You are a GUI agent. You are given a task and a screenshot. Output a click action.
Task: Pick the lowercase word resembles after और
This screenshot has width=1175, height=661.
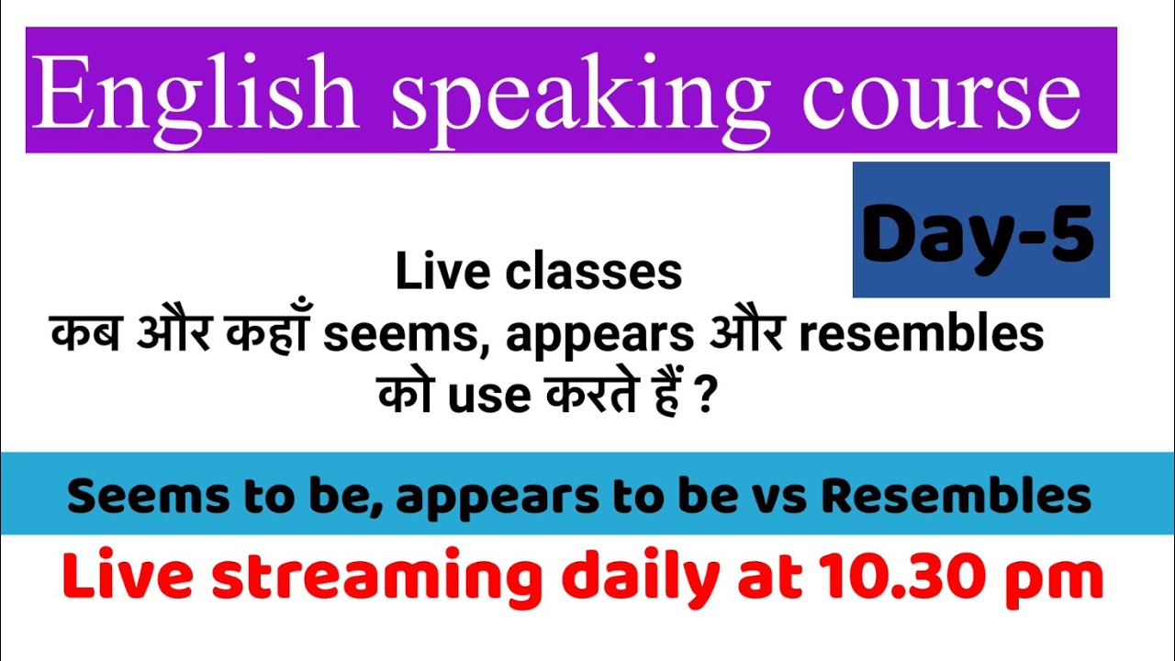pos(921,336)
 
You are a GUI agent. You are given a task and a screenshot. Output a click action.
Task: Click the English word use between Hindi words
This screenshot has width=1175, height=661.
pos(487,396)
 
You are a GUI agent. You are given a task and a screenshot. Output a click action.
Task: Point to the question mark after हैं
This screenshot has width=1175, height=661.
pos(705,396)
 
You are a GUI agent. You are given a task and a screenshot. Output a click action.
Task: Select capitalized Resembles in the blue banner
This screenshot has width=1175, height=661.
pos(956,497)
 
